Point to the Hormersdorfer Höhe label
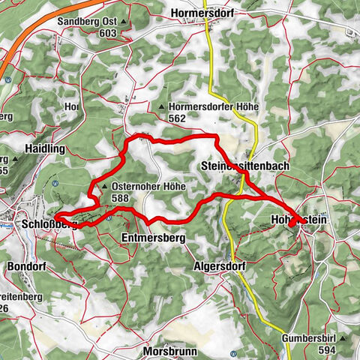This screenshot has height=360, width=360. tap(213, 107)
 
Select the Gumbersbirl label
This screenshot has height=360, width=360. tap(307, 338)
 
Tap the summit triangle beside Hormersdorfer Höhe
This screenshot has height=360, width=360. tap(163, 108)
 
